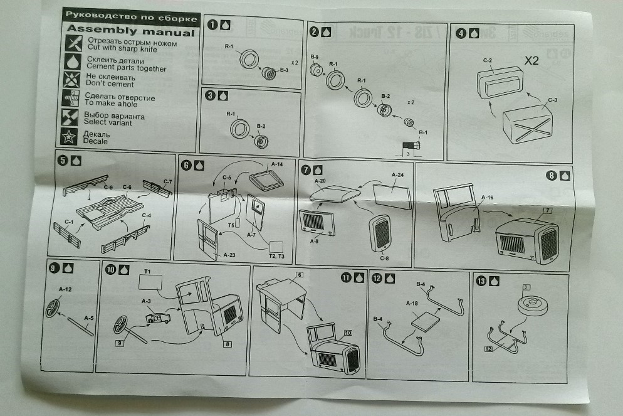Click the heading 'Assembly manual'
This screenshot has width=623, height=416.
point(130,29)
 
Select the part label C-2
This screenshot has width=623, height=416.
point(486,60)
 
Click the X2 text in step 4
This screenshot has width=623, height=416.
point(532,61)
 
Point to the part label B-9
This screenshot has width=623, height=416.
point(314,58)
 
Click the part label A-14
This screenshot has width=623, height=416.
point(276,164)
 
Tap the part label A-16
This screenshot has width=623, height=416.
point(487,198)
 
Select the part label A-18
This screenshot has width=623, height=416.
point(412,304)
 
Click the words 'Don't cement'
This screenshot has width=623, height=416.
point(109,84)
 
